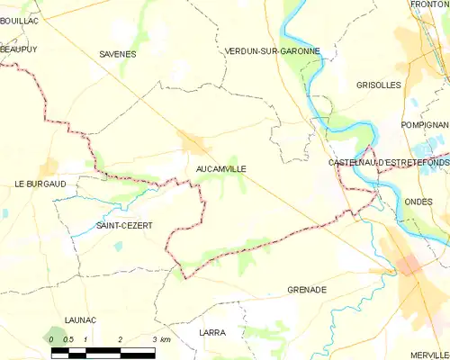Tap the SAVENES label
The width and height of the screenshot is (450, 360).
point(118,54)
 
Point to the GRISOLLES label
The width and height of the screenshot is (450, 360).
point(378,85)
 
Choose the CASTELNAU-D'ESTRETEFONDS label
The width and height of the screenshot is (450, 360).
point(389,161)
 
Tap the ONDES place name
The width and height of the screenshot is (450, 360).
point(419,202)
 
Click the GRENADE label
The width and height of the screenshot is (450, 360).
point(306,290)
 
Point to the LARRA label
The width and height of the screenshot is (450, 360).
point(212,332)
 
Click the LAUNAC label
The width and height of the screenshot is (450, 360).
point(82,319)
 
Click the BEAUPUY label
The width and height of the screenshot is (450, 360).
point(20,51)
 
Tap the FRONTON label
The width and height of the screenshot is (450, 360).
point(430,5)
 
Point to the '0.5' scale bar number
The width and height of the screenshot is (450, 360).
point(67,339)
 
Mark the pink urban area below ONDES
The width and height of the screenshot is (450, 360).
point(409,265)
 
